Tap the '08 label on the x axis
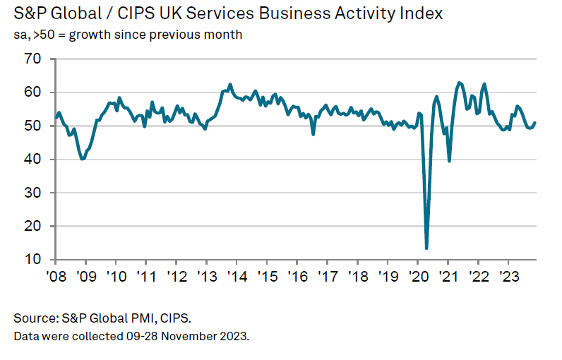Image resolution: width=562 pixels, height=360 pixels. [x=55, y=275]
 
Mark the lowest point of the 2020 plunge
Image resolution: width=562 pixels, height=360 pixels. [x=426, y=248]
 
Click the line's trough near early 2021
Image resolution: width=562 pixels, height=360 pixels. [x=450, y=161]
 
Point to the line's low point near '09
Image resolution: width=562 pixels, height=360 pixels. [x=83, y=160]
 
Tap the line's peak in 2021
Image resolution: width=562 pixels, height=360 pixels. [x=460, y=83]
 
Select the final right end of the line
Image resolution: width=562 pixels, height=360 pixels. [x=535, y=123]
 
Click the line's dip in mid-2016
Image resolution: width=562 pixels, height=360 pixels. [x=313, y=133]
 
